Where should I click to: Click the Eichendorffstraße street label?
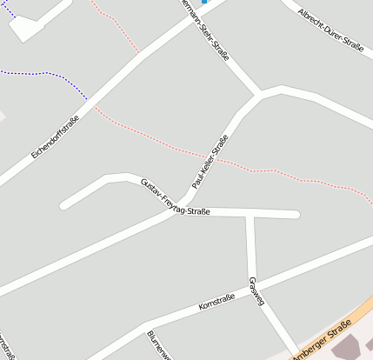point(55,137)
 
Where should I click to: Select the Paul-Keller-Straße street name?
point(210,162)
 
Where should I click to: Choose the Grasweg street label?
point(256,291)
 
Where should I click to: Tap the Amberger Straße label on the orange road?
point(322,340)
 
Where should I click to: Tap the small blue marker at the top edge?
point(205,3)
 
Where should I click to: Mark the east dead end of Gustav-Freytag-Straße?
point(296,214)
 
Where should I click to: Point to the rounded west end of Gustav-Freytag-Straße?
point(63,206)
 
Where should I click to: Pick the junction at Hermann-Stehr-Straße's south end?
point(260,92)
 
